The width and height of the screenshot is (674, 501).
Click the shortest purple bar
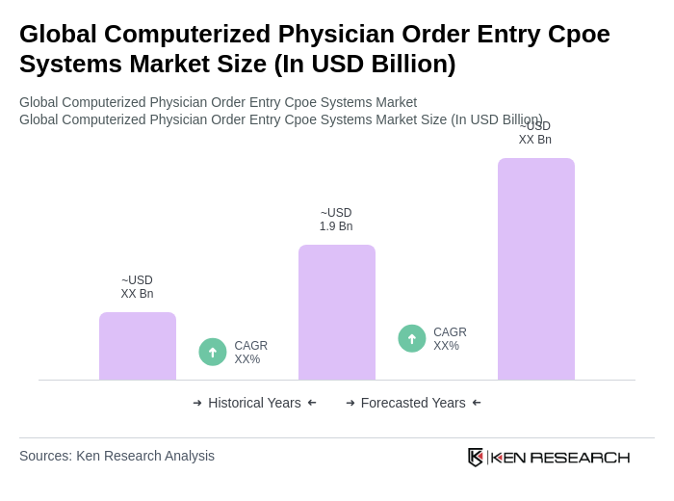[x=138, y=346]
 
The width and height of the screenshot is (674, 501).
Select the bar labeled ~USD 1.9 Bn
[x=337, y=312]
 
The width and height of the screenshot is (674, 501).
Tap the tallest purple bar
[x=536, y=269]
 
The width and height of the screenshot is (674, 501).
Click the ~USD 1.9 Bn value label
[x=336, y=220]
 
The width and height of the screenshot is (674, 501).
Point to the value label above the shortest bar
[x=137, y=287]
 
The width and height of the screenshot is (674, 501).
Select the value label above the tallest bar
[x=535, y=134]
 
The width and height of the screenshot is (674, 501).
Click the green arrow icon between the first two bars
[x=213, y=352]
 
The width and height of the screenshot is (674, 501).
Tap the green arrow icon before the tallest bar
[x=412, y=338]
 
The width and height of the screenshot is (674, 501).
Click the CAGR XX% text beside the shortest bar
[x=250, y=353]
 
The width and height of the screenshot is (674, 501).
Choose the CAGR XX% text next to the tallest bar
[x=450, y=339]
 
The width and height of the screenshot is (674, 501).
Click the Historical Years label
[x=254, y=403]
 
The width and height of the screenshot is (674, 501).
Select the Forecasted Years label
[x=413, y=403]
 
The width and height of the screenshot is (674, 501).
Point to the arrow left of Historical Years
[x=197, y=403]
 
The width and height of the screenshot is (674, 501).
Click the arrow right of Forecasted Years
[x=477, y=403]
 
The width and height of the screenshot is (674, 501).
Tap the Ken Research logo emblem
[x=476, y=457]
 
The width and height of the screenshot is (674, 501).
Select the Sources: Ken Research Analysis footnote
[x=117, y=456]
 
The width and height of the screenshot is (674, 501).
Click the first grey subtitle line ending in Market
[x=218, y=102]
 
